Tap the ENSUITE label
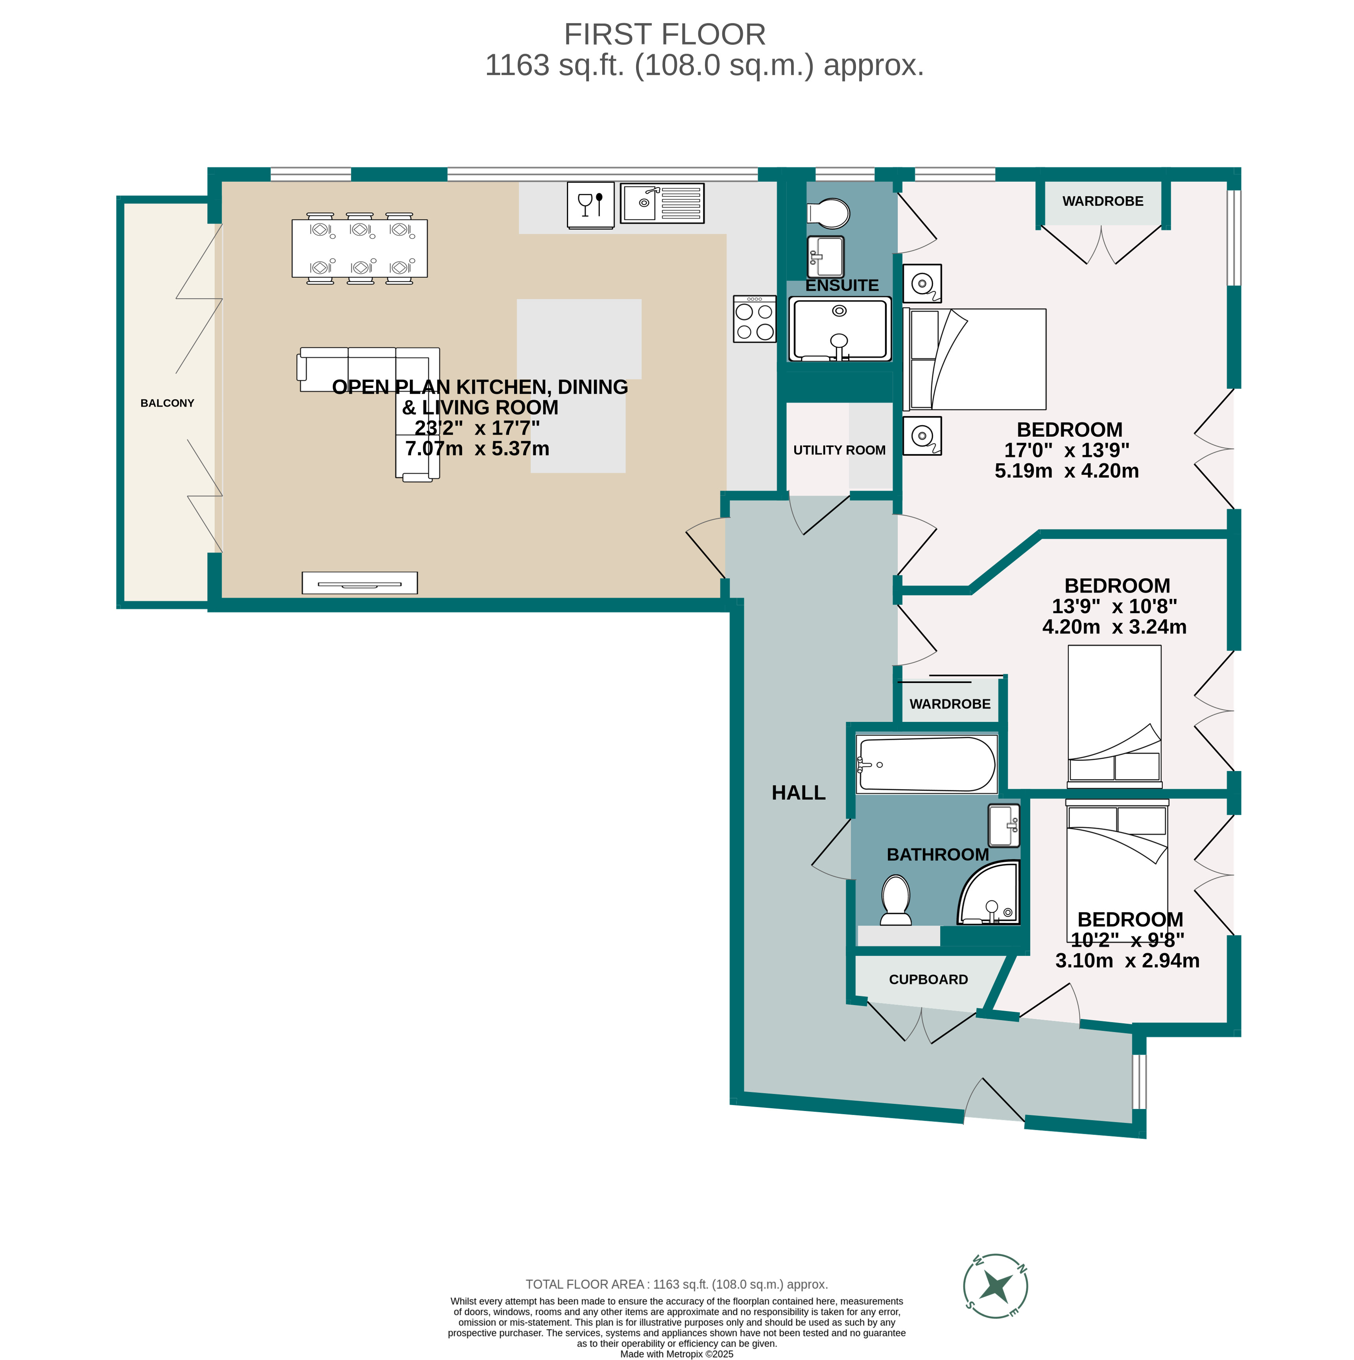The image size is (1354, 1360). pos(842,285)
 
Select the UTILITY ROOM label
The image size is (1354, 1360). pos(839,450)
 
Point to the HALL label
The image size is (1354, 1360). pos(798,793)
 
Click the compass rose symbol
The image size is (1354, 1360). pos(995,1286)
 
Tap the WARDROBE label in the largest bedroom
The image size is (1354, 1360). pos(1102,201)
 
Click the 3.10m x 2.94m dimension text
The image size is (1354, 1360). pos(1127,960)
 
